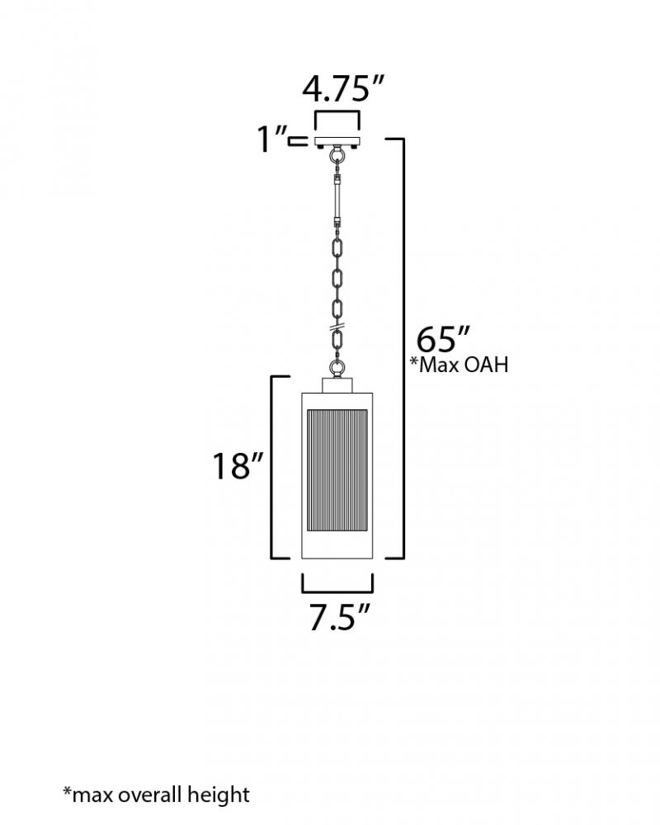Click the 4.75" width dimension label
(343, 88)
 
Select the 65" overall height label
(442, 339)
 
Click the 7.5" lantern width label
(339, 616)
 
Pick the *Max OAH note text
(459, 365)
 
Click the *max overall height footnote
(156, 794)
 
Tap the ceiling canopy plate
(337, 142)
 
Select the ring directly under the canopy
(337, 156)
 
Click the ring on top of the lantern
(337, 368)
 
